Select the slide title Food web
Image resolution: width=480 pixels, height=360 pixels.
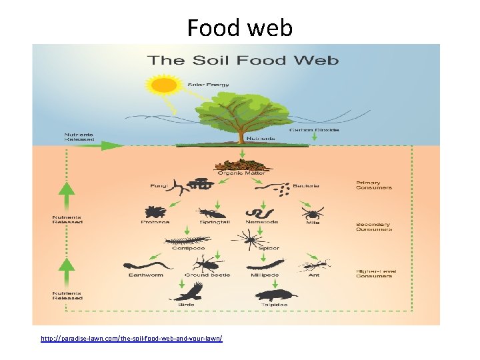pyautogui.click(x=239, y=28)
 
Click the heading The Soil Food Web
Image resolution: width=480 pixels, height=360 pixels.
pyautogui.click(x=243, y=61)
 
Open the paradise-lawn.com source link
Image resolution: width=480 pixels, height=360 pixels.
pyautogui.click(x=131, y=339)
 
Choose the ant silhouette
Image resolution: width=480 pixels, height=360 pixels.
pyautogui.click(x=313, y=265)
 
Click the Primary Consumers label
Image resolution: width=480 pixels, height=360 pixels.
pyautogui.click(x=374, y=185)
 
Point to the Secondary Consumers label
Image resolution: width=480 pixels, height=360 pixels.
pyautogui.click(x=373, y=227)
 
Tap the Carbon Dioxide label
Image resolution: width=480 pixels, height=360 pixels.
pyautogui.click(x=314, y=130)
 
